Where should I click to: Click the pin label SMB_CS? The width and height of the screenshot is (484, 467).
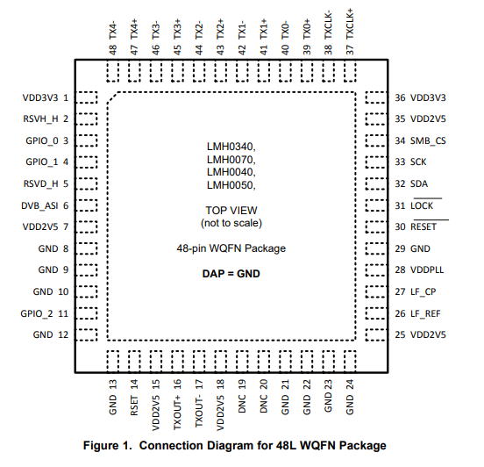[428, 141]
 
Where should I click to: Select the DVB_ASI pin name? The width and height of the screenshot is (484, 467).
[39, 205]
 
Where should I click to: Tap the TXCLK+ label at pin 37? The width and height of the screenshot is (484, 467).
[350, 25]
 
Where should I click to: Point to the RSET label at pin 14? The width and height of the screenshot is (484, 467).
[134, 406]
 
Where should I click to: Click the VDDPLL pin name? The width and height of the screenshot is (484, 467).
[427, 269]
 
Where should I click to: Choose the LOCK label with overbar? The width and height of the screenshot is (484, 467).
[422, 205]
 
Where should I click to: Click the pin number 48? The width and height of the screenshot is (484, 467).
[112, 49]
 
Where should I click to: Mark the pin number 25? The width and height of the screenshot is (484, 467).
[400, 334]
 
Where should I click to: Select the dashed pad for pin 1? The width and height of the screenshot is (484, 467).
[87, 97]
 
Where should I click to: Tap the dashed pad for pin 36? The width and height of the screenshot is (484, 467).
[376, 97]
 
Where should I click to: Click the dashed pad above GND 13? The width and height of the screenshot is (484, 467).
[113, 362]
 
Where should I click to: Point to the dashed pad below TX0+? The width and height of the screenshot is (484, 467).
[307, 70]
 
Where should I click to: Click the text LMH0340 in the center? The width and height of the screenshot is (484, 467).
[231, 147]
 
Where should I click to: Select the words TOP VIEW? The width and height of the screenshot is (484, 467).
[231, 211]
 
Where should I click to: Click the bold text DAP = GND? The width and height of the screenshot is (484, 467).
[231, 274]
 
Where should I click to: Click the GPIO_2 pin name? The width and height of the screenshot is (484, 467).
[37, 313]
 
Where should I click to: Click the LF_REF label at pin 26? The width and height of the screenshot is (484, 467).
[425, 313]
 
